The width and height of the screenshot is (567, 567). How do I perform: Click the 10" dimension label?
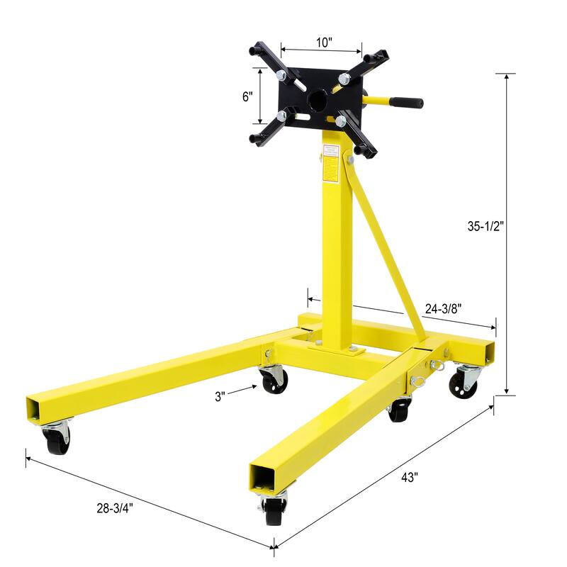(x=324, y=42)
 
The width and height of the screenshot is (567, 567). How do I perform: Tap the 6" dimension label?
(x=247, y=97)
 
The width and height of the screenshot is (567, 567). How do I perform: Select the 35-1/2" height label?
(x=485, y=228)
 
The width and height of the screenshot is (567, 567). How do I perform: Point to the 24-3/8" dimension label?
(x=445, y=308)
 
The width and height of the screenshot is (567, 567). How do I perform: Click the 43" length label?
(x=410, y=477)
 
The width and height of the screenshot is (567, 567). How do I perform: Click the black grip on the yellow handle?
(x=409, y=103)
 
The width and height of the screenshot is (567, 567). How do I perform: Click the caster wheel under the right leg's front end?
(x=274, y=510)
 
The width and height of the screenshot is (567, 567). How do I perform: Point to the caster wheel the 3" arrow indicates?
(x=274, y=381)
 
